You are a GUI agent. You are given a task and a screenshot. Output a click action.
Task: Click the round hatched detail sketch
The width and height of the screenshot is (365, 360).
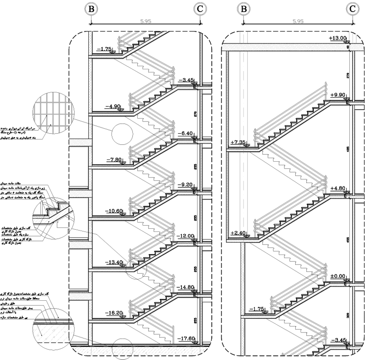coord(53,112)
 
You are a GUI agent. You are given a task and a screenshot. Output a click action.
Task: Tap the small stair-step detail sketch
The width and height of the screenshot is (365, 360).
coord(54,213)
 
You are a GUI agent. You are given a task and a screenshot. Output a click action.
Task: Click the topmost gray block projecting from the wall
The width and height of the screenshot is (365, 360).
coord(80,143)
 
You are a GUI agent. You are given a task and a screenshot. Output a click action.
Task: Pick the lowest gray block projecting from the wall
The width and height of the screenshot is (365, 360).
coord(80,296)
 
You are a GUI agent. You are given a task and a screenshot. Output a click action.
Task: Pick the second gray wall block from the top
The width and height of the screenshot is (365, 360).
coord(80,194)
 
